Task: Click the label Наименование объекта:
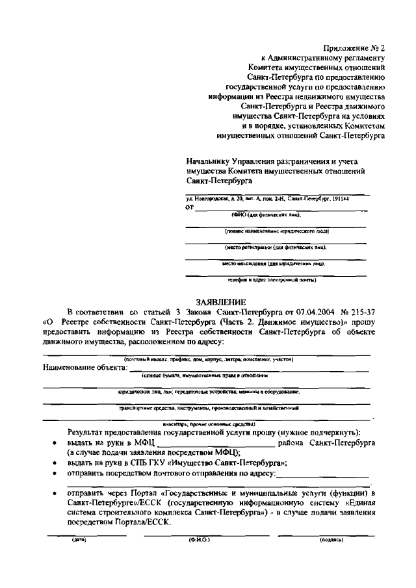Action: [84, 367]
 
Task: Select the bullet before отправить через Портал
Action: [53, 494]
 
